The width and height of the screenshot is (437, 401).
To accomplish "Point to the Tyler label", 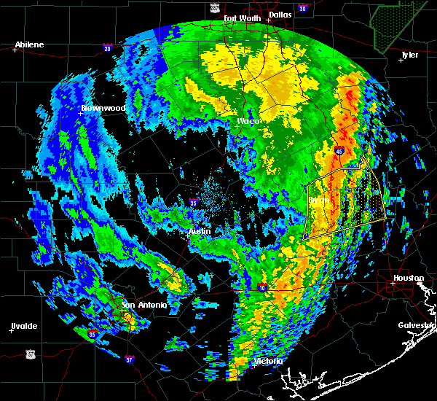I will [x=410, y=55].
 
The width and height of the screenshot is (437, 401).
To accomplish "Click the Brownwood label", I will [x=103, y=108].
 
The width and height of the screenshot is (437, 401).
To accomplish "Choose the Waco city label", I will [x=248, y=121].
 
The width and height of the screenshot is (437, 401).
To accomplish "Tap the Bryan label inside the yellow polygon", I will [x=318, y=199].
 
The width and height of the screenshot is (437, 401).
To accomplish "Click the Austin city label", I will [x=200, y=231].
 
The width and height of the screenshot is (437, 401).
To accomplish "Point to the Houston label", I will [x=409, y=278].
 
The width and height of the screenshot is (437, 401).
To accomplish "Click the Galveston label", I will [x=416, y=325].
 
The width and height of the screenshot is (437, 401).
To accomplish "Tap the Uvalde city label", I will [x=24, y=325].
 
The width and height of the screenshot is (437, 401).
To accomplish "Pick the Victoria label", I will [x=267, y=361].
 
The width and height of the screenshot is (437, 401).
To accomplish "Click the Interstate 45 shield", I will [x=340, y=151].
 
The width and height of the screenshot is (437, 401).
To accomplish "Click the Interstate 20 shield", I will [x=107, y=49].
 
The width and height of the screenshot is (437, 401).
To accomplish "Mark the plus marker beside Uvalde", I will [x=11, y=330].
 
